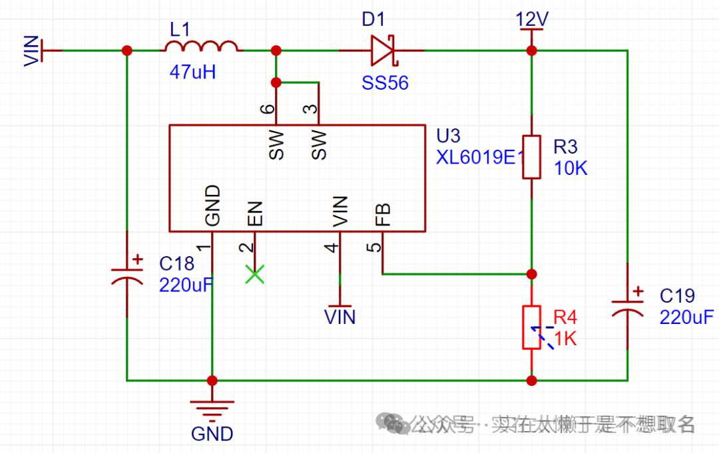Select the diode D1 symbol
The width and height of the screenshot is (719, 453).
383,51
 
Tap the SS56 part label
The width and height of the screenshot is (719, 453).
385,83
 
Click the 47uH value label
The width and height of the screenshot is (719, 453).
192,73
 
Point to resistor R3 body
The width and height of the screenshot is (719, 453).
531,157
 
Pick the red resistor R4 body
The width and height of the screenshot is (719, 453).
531,327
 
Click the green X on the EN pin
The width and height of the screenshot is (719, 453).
254,274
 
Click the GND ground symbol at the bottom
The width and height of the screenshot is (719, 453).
212,407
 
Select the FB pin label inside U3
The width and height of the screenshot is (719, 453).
383,214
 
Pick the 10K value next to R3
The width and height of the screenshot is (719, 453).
571,168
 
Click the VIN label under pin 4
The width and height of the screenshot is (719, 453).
340,317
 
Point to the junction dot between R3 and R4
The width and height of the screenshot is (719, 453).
531,273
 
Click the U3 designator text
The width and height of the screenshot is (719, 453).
448,136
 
